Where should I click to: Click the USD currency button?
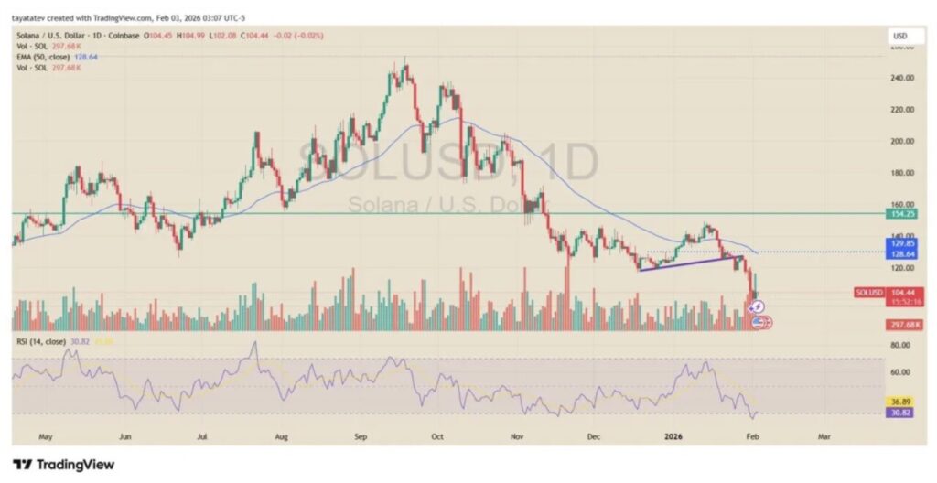pos(900,36)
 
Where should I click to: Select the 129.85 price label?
pos(904,243)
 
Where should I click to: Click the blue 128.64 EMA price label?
pos(904,252)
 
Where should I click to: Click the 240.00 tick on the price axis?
pos(903,78)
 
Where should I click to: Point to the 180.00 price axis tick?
pos(903,173)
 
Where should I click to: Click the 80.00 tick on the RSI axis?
pos(902,345)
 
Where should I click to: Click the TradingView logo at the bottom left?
pos(63,464)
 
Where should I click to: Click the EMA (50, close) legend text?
pos(46,57)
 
